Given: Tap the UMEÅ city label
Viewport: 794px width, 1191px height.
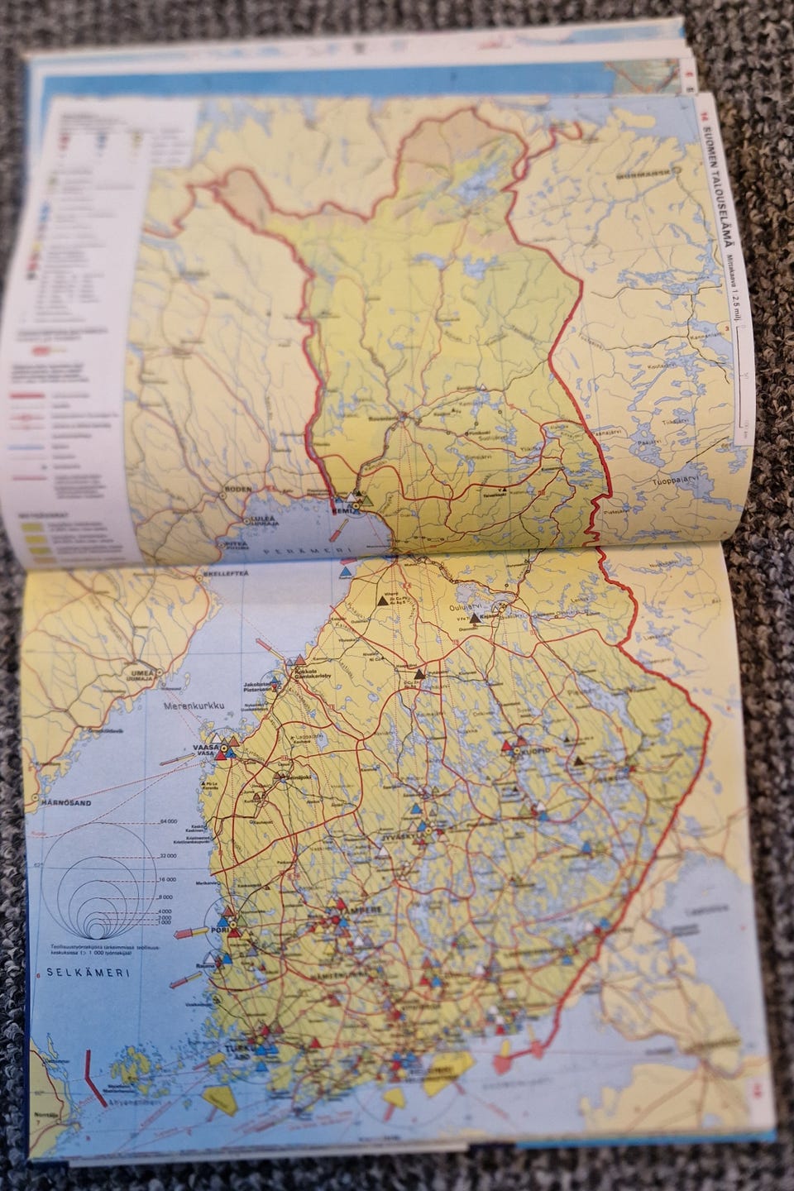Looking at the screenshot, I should [x=138, y=672].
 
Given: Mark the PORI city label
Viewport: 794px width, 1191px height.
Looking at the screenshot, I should [x=218, y=927].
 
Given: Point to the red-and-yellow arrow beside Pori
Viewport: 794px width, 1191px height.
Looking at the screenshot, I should [x=201, y=932].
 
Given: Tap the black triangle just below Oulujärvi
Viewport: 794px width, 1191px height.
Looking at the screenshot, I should [x=475, y=618].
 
